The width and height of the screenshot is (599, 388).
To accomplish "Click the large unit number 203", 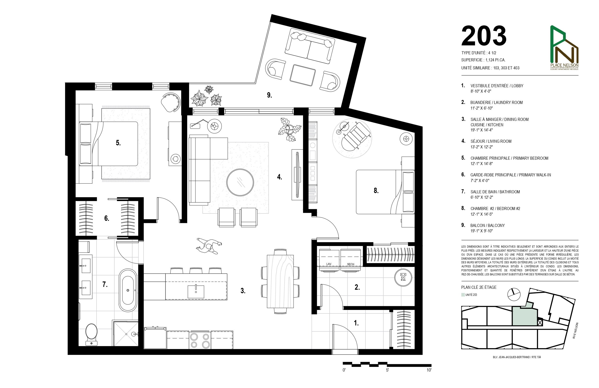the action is (x=484, y=36).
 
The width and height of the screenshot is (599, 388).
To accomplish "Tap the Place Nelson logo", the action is (x=564, y=48).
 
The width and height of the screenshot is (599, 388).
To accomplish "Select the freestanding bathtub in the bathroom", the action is (x=128, y=290).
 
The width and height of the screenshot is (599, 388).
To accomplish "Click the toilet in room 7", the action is (x=91, y=334).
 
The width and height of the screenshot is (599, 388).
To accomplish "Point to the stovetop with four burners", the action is (x=200, y=340).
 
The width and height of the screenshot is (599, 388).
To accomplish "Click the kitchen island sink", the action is (x=196, y=292).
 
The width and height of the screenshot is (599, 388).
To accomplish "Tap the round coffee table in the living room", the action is (x=240, y=182).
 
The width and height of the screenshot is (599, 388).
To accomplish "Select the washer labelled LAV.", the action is (x=329, y=260).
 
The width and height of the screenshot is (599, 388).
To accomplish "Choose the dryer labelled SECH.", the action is (x=350, y=260).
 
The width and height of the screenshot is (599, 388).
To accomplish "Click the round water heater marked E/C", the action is (x=403, y=278).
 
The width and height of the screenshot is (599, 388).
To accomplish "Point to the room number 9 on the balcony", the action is (x=269, y=95).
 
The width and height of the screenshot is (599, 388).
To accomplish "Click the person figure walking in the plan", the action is (x=209, y=246).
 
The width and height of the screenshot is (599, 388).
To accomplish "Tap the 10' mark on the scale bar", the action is (x=429, y=370).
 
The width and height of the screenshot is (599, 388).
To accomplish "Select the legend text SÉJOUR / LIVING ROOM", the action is (x=491, y=141).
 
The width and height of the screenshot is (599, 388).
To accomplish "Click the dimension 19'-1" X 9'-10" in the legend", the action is (x=482, y=231).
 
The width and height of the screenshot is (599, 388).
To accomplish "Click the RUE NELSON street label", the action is (x=575, y=330).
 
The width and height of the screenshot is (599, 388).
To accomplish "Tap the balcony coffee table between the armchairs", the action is (x=303, y=75).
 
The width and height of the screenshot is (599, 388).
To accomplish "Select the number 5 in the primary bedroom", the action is (x=118, y=143).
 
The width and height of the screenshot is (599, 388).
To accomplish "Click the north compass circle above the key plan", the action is (x=514, y=294).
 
